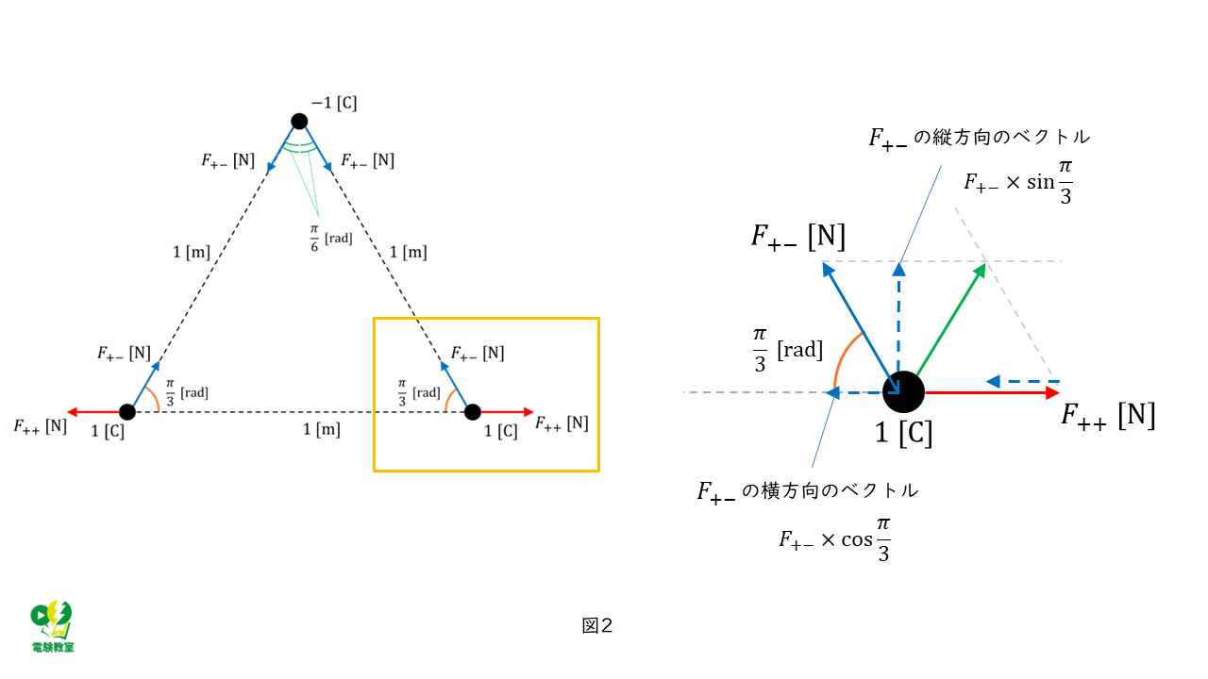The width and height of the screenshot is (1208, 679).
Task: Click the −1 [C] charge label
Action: (334, 103)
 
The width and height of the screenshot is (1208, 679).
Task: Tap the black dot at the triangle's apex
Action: (299, 121)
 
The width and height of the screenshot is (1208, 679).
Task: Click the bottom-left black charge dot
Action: (127, 412)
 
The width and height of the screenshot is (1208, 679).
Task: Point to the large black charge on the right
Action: (903, 391)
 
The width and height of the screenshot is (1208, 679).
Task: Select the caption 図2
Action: (598, 625)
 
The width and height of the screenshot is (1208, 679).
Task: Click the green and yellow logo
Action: (53, 625)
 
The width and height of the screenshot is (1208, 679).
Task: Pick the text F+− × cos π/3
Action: (835, 538)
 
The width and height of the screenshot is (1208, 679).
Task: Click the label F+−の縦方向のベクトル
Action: (980, 138)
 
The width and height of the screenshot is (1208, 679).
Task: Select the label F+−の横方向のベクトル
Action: (807, 490)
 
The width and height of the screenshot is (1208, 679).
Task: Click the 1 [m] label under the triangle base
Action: (321, 430)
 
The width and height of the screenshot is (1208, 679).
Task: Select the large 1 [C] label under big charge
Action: (903, 435)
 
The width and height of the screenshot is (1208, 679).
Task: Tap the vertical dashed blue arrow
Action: (898, 321)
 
